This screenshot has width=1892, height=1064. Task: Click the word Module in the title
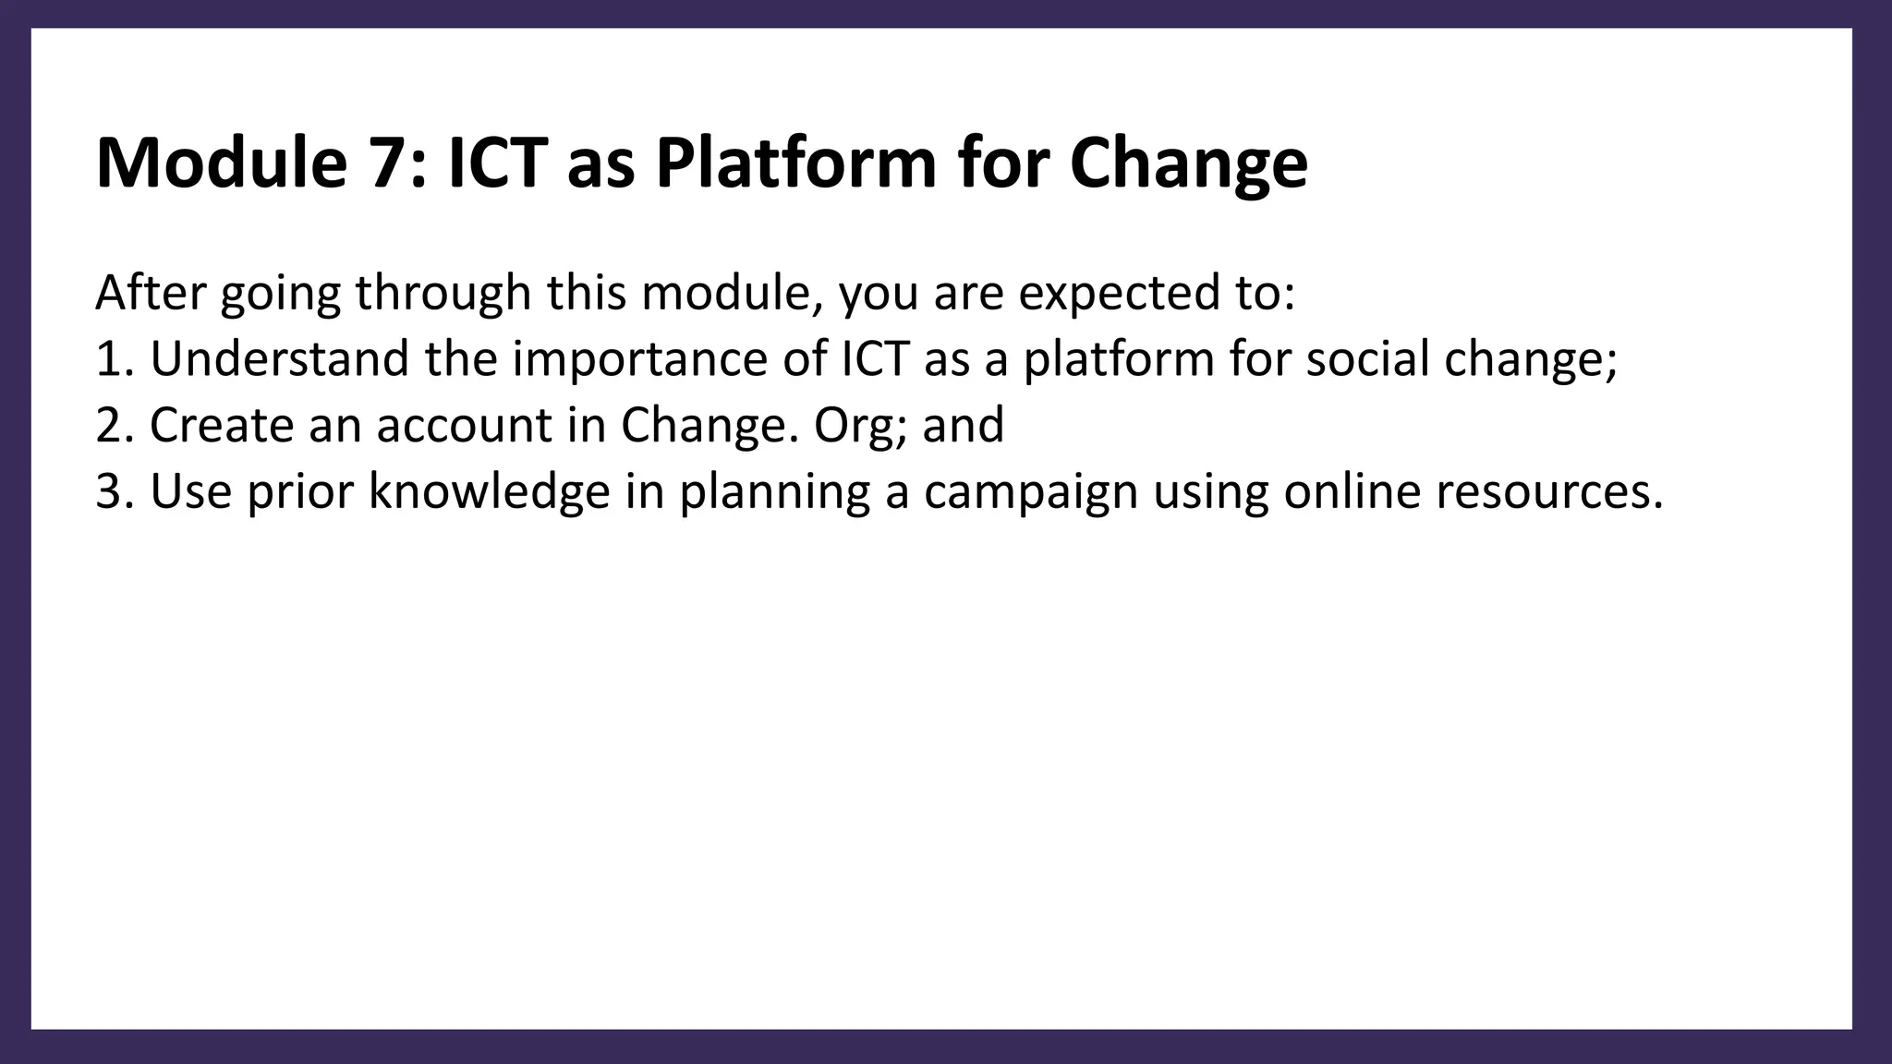point(220,163)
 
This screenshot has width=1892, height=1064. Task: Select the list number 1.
point(108,359)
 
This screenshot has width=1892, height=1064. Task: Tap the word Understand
point(279,359)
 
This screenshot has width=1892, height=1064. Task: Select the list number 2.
point(109,426)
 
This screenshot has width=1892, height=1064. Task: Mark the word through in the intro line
point(443,295)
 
